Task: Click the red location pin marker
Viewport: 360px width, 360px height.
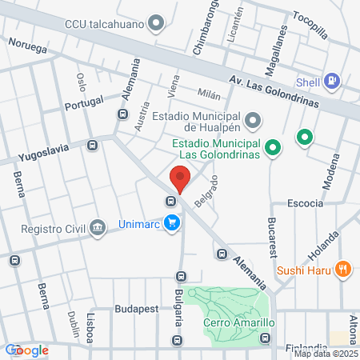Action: (180, 178)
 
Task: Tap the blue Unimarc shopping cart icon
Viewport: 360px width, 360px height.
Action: (170, 223)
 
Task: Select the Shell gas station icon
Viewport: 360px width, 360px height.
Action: (333, 81)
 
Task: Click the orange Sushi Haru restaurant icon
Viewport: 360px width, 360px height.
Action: (343, 269)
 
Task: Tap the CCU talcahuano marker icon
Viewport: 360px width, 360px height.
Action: (157, 22)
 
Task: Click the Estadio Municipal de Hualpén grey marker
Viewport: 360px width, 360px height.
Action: (253, 121)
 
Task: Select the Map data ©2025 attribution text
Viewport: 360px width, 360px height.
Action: (326, 354)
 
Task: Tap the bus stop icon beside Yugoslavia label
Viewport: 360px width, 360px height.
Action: (92, 146)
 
